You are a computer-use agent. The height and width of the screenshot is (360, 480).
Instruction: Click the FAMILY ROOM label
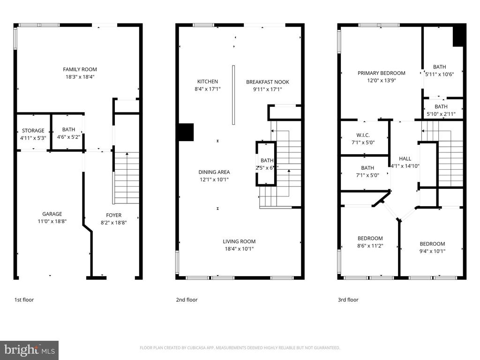[x=82, y=69]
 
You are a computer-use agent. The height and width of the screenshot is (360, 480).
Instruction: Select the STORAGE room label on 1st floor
[x=33, y=131]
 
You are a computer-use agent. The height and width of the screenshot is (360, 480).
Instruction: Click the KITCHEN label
[x=207, y=82]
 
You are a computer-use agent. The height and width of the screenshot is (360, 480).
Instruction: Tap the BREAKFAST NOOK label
[x=268, y=82]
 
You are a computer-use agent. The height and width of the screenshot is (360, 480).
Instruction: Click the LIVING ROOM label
[x=239, y=241]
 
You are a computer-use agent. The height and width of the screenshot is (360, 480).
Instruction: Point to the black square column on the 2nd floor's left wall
[x=186, y=132]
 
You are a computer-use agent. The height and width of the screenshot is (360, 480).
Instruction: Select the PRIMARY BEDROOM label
[x=381, y=73]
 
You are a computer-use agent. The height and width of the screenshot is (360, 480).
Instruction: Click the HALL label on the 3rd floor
[x=405, y=158]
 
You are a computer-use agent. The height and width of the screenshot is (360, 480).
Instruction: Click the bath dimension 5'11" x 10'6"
[x=439, y=74]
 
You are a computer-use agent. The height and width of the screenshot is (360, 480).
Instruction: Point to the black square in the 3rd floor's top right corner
[x=459, y=36]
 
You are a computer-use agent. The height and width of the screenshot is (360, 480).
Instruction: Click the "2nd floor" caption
[x=187, y=300]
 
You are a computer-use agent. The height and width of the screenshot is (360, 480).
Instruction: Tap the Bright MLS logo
[x=29, y=350]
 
